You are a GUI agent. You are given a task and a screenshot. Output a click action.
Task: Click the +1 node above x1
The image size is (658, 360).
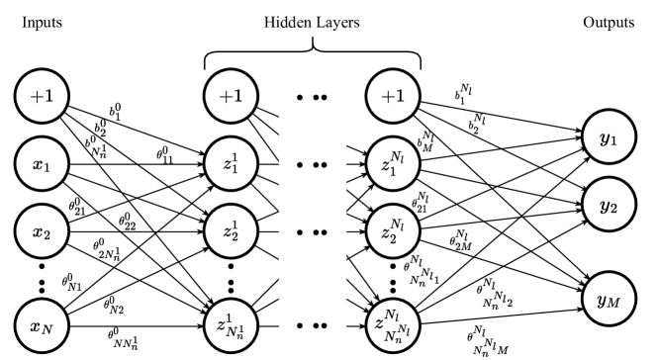[x=42, y=97]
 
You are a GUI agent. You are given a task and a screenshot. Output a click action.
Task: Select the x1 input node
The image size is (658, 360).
[x=42, y=165]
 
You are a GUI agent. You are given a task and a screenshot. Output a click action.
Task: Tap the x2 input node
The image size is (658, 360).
[x=42, y=232]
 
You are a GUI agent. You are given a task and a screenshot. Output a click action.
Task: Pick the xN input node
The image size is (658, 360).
[x=42, y=325]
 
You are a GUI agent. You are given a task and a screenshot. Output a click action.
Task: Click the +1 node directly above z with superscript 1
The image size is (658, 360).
[x=231, y=97]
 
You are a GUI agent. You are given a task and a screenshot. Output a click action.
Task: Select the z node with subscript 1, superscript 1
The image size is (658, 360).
[x=231, y=165]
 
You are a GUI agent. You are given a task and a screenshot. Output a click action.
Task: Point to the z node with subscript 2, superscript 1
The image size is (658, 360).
[x=231, y=232]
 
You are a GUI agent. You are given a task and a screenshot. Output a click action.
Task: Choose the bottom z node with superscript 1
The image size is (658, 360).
[x=231, y=325]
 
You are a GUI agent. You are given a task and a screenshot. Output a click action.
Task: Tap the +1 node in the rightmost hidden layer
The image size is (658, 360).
[x=393, y=97]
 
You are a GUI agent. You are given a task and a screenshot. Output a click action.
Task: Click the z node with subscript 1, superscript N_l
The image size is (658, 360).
[x=393, y=165]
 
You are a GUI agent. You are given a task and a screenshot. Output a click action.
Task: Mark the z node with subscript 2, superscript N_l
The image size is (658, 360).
[x=393, y=232]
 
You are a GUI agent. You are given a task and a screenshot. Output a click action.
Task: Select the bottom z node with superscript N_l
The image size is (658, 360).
[x=393, y=325]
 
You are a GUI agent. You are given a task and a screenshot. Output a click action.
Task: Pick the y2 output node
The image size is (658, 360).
[x=609, y=206]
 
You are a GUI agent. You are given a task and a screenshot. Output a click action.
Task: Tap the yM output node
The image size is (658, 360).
[x=609, y=299]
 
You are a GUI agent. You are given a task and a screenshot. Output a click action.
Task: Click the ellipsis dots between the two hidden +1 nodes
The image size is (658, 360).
[x=312, y=98]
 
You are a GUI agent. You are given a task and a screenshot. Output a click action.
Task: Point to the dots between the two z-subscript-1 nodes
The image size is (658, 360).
[x=312, y=165]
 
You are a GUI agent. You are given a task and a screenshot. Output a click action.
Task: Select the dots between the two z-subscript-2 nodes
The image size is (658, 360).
[x=312, y=232]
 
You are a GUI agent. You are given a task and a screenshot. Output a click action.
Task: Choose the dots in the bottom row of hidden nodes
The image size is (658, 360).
[x=312, y=325]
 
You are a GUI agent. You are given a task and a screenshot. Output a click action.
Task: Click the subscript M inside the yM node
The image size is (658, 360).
[x=613, y=303]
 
